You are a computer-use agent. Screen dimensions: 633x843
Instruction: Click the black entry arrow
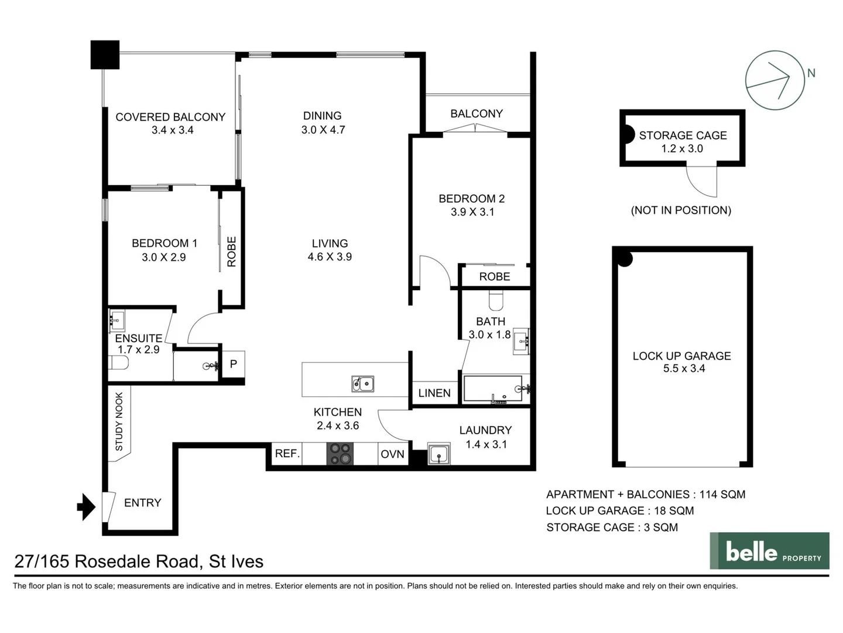point(87,507)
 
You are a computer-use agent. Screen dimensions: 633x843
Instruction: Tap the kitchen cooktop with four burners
point(340,454)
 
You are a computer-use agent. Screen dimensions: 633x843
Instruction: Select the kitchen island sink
point(363,384)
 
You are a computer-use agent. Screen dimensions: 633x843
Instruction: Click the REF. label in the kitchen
point(287,454)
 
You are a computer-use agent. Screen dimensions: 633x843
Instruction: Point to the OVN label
point(392,454)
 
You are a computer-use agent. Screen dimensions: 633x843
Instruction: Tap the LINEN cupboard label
point(434,393)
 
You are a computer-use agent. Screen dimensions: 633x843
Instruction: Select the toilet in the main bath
point(496,301)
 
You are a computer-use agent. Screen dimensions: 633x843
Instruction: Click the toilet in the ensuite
point(119,363)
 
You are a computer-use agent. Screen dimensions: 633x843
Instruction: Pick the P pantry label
point(233,365)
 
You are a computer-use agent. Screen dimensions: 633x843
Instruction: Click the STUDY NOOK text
point(119,421)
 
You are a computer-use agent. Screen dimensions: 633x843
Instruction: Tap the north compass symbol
point(775,80)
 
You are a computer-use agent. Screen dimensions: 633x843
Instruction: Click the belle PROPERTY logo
point(769,551)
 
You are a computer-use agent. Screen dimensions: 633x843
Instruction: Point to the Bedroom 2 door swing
point(434,271)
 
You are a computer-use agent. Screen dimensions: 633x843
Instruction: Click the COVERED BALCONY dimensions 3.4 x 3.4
point(172,130)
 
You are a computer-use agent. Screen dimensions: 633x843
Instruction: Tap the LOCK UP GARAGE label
point(681,356)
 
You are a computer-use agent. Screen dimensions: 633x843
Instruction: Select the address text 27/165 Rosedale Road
point(139,561)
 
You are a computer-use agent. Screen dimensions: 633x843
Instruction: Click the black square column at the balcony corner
point(105,55)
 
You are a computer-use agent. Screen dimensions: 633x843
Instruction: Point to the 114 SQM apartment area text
point(722,494)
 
